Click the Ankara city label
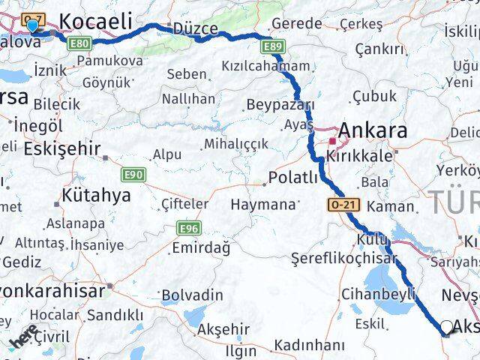tap(373, 130)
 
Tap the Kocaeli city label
tap(97, 21)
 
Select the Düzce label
tap(195, 29)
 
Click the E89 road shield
tap(274, 47)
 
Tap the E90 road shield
tap(133, 175)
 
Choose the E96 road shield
tap(188, 227)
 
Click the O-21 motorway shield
tap(339, 204)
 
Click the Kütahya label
tap(97, 196)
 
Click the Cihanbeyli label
tap(378, 293)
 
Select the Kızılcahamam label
tap(265, 66)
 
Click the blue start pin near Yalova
tap(32, 26)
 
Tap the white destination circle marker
tap(447, 326)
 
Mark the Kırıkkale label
tap(358, 156)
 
